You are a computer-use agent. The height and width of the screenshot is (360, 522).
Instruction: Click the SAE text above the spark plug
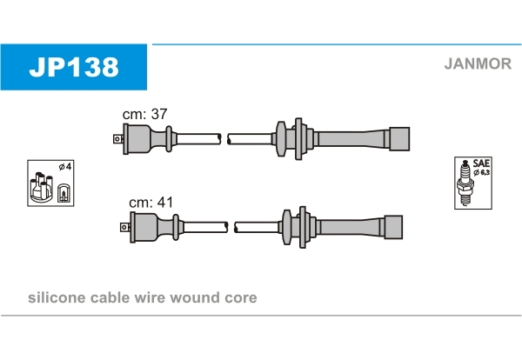tap(479, 163)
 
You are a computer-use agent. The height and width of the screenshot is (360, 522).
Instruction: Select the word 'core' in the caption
tap(240, 298)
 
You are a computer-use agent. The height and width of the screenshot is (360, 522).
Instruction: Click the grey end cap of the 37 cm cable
tap(398, 138)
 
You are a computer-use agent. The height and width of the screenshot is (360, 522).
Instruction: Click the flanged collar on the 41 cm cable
tap(285, 225)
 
